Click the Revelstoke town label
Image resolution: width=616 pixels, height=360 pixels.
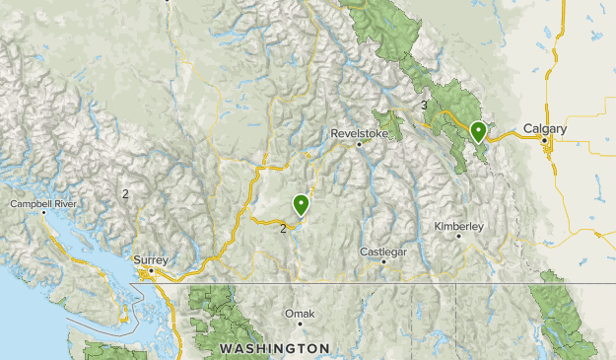[361, 132]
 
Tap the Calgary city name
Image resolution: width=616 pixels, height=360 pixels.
[545, 129]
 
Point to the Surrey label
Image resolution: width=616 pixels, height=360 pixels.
[151, 260]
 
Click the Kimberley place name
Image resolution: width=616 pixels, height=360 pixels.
[459, 227]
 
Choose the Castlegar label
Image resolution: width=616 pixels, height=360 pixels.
[383, 252]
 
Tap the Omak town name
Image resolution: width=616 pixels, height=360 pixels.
[299, 314]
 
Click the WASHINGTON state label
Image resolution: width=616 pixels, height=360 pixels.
[274, 348]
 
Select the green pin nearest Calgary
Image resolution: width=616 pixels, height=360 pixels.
[479, 131]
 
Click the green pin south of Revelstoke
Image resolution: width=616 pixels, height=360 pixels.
[301, 204]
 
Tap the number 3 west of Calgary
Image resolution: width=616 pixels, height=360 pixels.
[424, 106]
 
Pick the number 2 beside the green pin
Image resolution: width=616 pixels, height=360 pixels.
[283, 229]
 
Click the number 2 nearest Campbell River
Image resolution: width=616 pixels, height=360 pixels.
[125, 193]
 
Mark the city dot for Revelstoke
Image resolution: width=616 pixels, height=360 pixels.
[360, 145]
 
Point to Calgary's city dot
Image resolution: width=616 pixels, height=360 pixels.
[544, 141]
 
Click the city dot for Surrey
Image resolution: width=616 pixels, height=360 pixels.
[151, 271]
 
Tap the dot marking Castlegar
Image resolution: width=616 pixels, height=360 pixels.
[383, 263]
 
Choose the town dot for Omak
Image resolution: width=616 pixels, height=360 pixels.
[299, 325]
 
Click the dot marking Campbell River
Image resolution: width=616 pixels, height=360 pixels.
[43, 216]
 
